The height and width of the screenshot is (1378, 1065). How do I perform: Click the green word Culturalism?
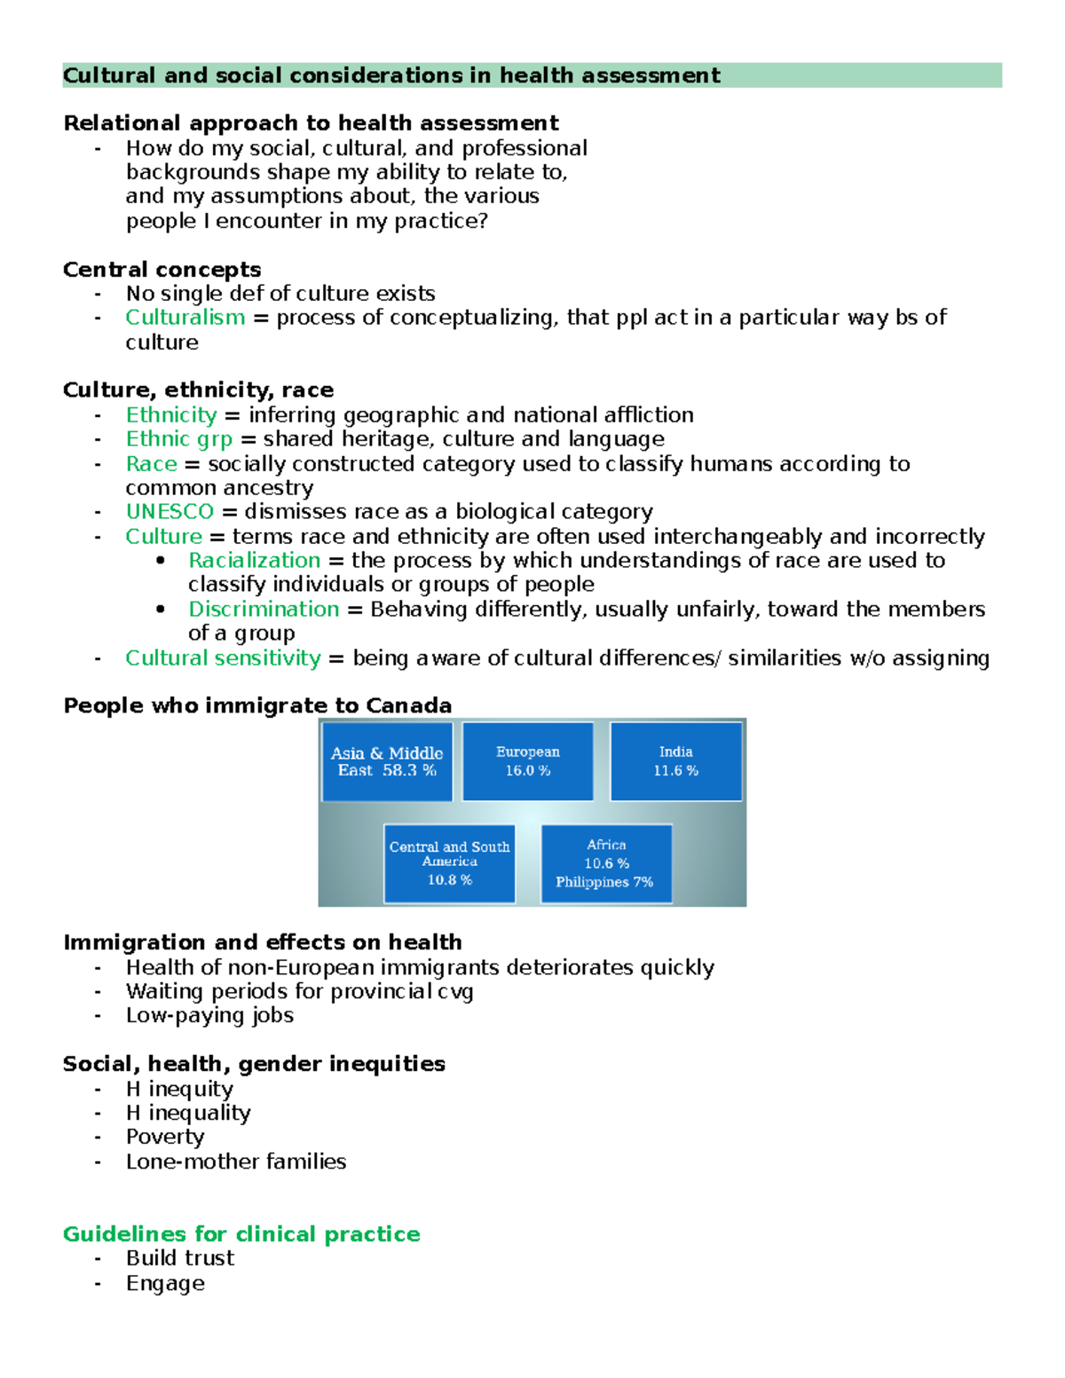(x=185, y=318)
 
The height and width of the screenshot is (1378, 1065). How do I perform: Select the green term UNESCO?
(x=170, y=512)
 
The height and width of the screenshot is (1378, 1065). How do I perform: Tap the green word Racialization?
(x=254, y=561)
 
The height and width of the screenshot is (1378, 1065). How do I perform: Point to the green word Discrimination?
(x=264, y=610)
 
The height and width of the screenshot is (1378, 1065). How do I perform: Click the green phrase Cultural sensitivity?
(x=223, y=658)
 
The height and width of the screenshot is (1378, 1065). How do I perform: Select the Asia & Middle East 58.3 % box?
(x=387, y=761)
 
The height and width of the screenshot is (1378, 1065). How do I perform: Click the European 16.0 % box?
(x=528, y=761)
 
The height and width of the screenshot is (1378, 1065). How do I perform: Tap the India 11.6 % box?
(x=676, y=761)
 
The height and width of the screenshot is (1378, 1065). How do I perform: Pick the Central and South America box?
(x=449, y=863)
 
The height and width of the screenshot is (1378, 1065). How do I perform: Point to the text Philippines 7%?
(x=604, y=882)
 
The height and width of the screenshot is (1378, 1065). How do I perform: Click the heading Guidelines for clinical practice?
(x=241, y=1234)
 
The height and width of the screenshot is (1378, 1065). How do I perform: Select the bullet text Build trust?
(x=180, y=1258)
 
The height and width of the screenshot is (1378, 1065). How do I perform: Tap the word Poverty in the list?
(x=165, y=1138)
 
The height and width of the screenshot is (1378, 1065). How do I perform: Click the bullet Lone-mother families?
(x=236, y=1161)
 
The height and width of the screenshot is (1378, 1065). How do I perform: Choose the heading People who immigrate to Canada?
(x=257, y=705)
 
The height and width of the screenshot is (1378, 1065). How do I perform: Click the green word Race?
(x=151, y=464)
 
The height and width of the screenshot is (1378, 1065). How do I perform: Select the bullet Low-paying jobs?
(x=209, y=1016)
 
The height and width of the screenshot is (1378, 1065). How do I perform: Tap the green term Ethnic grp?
(x=178, y=439)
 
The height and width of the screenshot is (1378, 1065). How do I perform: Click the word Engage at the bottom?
(x=165, y=1284)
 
